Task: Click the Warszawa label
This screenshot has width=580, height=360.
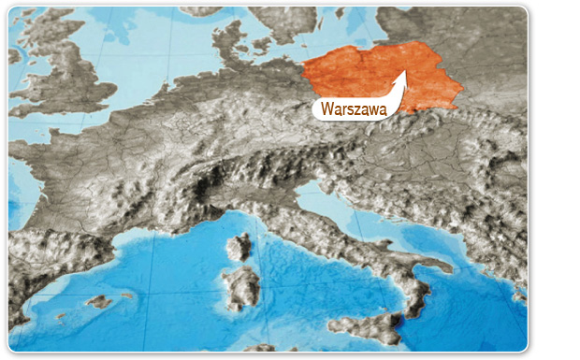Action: coord(353,109)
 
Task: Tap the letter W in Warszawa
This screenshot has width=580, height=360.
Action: coord(326,109)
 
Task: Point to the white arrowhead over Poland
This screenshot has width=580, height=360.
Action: coord(404,77)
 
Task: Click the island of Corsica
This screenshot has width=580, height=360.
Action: coord(239,247)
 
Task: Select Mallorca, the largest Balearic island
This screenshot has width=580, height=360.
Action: coord(99,302)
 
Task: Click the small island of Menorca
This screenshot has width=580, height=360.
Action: coord(126,295)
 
